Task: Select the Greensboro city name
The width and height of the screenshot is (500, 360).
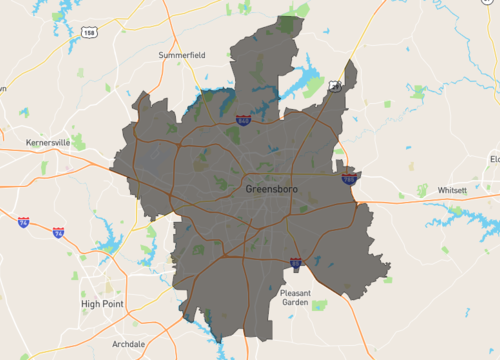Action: [271, 188]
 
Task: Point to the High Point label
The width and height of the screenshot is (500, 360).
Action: [102, 303]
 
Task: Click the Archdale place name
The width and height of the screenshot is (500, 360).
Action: [129, 343]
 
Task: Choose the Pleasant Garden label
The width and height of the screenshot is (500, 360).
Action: [295, 296]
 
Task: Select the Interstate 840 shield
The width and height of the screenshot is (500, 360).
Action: [244, 121]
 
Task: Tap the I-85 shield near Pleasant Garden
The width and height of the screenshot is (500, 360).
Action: [296, 264]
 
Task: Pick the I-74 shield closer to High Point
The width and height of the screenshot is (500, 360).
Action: [59, 232]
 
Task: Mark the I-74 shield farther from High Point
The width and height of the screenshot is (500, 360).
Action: [23, 222]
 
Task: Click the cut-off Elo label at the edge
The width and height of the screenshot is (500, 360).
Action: [494, 159]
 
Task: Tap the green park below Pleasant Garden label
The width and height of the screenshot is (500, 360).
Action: [318, 305]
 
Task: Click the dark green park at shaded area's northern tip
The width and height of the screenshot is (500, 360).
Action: [290, 25]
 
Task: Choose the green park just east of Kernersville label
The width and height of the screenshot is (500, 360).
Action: [78, 143]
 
